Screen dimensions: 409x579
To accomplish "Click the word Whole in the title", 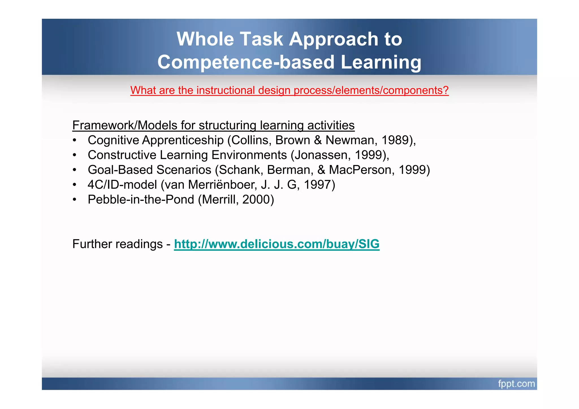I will point(205,39).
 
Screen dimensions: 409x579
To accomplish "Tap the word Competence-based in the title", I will point(246,62).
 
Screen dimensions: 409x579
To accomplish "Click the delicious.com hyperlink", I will point(276,244).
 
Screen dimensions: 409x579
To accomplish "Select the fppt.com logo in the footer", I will point(516,384).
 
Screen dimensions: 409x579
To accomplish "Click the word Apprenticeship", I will point(183,140).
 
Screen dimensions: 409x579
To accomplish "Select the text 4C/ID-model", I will point(122,185).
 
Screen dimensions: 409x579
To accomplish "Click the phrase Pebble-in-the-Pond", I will point(141,200).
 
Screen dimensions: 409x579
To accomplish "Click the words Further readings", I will point(117,244).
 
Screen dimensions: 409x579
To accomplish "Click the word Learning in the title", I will point(381,62).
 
